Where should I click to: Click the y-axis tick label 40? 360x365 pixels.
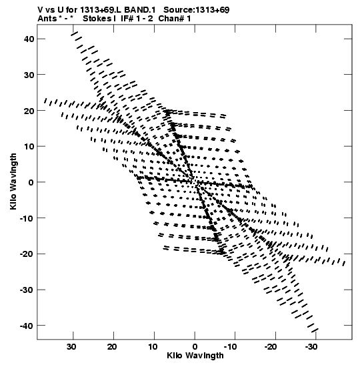(29, 39)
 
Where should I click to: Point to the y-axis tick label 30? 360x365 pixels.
(29, 75)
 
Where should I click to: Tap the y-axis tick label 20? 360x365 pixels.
(29, 111)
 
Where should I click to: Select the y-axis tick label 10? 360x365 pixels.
(29, 147)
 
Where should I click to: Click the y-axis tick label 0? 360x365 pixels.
(31, 183)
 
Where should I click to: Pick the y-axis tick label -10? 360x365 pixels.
(27, 218)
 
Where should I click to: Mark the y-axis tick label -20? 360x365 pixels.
(27, 254)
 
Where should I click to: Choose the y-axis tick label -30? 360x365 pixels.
(27, 290)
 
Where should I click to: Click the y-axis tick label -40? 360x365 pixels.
(27, 326)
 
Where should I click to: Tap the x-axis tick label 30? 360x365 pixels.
(71, 347)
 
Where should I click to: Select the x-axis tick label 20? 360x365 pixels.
(112, 347)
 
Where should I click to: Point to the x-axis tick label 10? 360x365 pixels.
(153, 347)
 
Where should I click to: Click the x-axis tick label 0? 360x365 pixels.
(195, 347)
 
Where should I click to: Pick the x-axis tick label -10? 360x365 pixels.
(230, 347)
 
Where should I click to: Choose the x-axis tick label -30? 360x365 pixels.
(311, 347)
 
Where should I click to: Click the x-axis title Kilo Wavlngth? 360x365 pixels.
(195, 356)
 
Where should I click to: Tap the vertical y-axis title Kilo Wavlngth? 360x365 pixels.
(13, 181)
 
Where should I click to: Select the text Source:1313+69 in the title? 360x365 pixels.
(197, 10)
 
